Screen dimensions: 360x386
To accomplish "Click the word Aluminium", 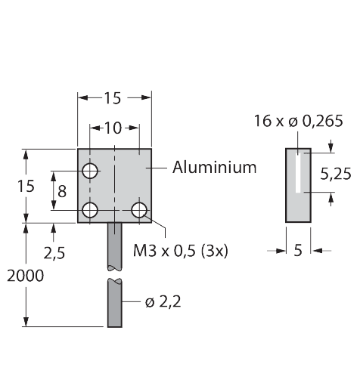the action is (214, 167).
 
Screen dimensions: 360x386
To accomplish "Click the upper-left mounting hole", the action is (90, 171).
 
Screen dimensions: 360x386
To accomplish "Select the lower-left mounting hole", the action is (90, 210).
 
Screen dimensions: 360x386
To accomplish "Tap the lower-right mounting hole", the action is (139, 210).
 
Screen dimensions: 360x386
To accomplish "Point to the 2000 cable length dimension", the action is (25, 276).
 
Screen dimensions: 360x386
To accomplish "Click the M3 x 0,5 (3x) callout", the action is (181, 251).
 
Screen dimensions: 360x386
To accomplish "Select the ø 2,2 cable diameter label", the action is (163, 301).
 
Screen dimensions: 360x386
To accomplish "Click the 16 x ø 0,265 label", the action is (298, 121).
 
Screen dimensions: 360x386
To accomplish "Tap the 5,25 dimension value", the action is (336, 174).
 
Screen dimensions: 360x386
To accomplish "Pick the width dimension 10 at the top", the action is (113, 128).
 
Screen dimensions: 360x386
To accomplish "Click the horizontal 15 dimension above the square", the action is (113, 98).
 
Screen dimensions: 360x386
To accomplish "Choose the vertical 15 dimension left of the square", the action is (26, 187).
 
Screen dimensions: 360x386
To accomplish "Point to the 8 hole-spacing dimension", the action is (62, 191).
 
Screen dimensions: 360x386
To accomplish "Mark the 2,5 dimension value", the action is (54, 253).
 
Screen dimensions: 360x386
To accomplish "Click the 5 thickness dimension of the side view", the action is (298, 250).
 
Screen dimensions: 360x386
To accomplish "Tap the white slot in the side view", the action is (298, 173).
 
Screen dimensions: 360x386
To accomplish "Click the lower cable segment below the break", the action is (115, 303).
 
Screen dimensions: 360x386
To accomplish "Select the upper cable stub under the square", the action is (115, 247).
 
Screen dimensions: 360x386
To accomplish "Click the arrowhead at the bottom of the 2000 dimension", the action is (26, 322).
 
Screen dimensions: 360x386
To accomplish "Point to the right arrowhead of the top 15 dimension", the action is (146, 97).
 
